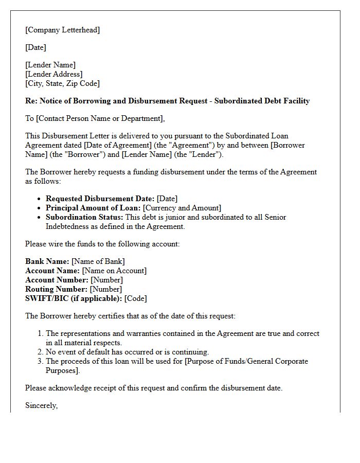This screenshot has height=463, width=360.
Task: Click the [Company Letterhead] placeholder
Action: pos(63,30)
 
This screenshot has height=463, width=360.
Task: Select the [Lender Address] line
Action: pos(53,74)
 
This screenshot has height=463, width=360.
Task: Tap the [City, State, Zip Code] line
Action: pos(62,83)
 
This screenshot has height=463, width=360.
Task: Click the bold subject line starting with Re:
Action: pos(167,101)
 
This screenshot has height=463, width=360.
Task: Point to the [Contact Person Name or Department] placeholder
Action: pos(100,118)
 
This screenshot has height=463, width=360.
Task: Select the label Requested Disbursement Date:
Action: pos(100,199)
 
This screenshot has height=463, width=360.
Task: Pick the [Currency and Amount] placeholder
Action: pos(182,208)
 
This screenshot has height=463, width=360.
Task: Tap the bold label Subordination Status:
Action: pos(84,217)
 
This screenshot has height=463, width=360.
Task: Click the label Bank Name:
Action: pos(47,261)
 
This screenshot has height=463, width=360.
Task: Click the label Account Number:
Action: pos(57,280)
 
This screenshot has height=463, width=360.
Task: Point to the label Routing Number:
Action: pos(56,289)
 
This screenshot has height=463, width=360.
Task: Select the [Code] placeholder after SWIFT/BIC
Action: pos(136,298)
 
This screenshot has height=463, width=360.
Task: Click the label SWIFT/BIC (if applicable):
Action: pos(74,298)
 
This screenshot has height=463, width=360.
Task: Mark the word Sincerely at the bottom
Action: pos(41,405)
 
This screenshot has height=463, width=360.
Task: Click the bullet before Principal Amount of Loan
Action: pos(40,208)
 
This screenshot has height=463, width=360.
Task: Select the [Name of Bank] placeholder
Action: pos(98,261)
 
